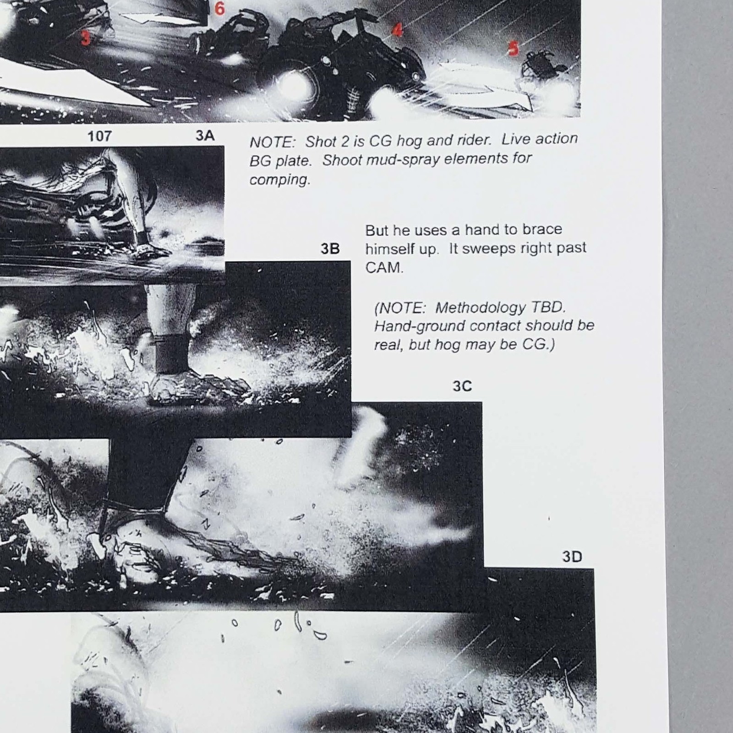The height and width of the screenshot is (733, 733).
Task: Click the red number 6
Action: tap(219, 8)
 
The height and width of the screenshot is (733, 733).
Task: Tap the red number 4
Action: tap(397, 30)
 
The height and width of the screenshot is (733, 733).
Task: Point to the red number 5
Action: tap(514, 48)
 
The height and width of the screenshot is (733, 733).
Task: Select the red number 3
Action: tap(86, 38)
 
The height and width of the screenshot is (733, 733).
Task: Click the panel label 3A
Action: tap(205, 136)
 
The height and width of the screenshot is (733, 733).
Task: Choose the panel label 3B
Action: tap(330, 249)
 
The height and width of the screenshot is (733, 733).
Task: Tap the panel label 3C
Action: tap(462, 386)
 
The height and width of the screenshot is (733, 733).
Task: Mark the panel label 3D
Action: tap(572, 557)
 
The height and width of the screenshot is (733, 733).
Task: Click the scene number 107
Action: tap(99, 136)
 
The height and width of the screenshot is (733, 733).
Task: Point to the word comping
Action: tap(280, 180)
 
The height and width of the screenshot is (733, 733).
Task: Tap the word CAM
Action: tap(384, 268)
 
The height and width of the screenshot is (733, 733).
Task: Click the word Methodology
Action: tap(481, 308)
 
